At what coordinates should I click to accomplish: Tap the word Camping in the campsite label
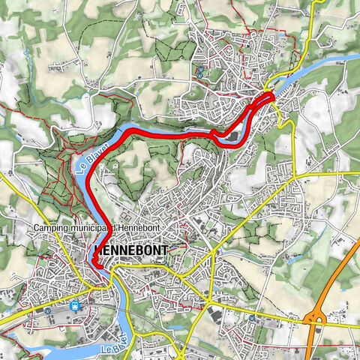(x=54, y=228)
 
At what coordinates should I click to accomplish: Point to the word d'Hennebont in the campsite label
(x=144, y=228)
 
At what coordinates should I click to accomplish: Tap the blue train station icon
(x=74, y=305)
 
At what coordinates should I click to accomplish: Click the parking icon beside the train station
(x=47, y=309)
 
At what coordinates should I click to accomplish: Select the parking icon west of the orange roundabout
(x=253, y=317)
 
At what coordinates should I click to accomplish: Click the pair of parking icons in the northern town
(x=201, y=71)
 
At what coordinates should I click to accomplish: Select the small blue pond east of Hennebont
(x=288, y=261)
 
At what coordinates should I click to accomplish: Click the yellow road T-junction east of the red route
(x=295, y=175)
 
